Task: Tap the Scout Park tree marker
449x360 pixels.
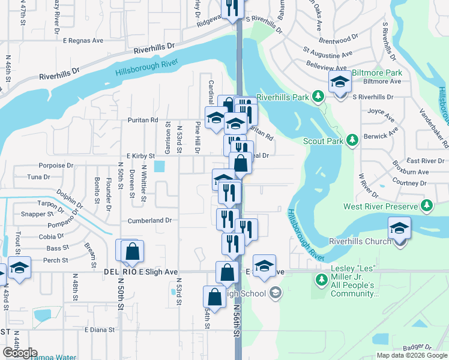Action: click(353, 141)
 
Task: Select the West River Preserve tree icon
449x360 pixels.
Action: click(427, 206)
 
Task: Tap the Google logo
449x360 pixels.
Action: click(20, 353)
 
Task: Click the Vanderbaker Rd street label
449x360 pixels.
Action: click(433, 127)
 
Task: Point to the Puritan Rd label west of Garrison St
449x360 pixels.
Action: click(142, 120)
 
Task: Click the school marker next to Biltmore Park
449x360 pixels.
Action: click(340, 83)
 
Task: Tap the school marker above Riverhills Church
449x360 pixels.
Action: click(399, 227)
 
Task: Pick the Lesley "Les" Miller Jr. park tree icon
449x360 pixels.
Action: click(321, 279)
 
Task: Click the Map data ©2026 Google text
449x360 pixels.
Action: click(412, 355)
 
